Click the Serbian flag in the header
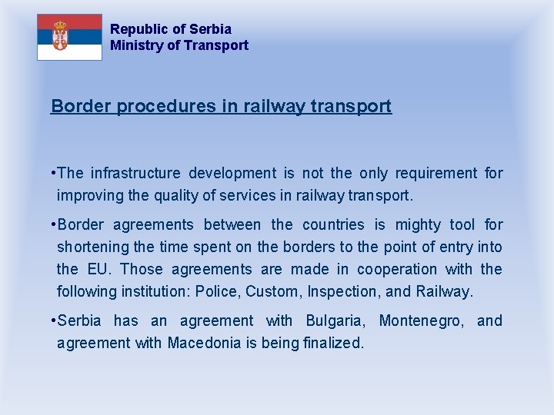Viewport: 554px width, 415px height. (69, 37)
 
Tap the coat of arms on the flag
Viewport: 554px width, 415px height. (60, 36)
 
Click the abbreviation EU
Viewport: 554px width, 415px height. (101, 269)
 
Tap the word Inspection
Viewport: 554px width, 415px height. (343, 291)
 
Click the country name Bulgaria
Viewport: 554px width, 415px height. (337, 320)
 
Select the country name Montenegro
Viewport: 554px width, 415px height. (422, 320)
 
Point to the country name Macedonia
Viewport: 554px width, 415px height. (211, 343)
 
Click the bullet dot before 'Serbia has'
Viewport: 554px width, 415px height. (53, 320)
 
